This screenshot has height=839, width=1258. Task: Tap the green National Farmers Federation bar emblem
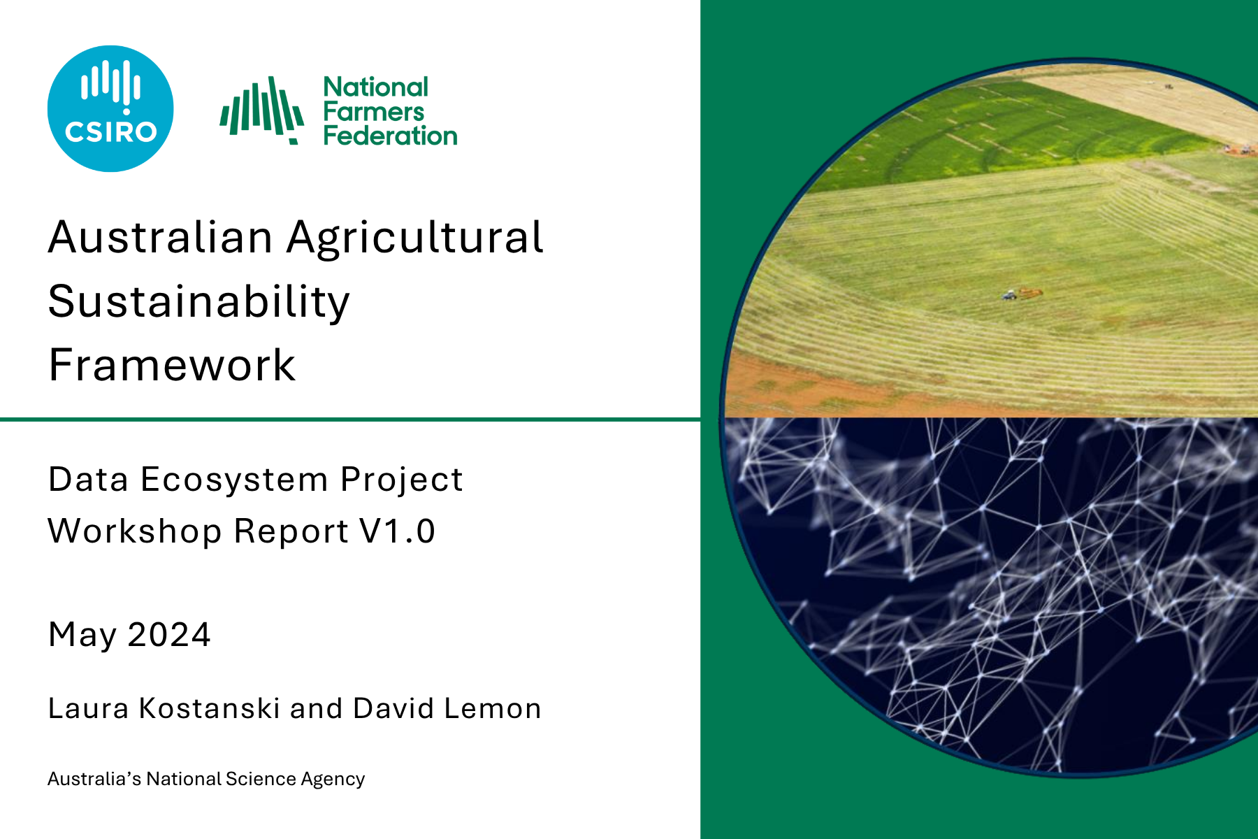pos(262,110)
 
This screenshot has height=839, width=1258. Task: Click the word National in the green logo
pos(375,87)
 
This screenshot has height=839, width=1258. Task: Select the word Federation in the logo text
pos(390,136)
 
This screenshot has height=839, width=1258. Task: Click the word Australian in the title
pos(160,237)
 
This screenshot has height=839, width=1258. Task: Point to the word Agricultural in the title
pos(414,238)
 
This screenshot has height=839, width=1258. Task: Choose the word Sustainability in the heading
pos(198,302)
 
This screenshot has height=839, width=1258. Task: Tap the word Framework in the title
pos(172,365)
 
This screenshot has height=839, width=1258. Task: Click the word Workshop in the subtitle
pos(134,531)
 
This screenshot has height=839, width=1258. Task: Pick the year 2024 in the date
pos(168,635)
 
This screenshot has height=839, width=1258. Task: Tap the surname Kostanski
pos(209,708)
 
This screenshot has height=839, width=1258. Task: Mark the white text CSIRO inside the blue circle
pos(110,132)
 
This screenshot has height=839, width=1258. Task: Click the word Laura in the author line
pos(88,708)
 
